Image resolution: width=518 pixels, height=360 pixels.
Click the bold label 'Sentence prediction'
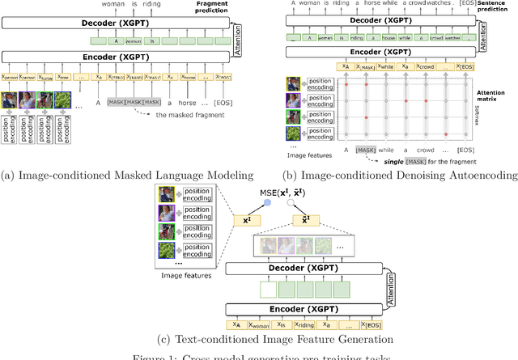[x=496, y=9]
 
